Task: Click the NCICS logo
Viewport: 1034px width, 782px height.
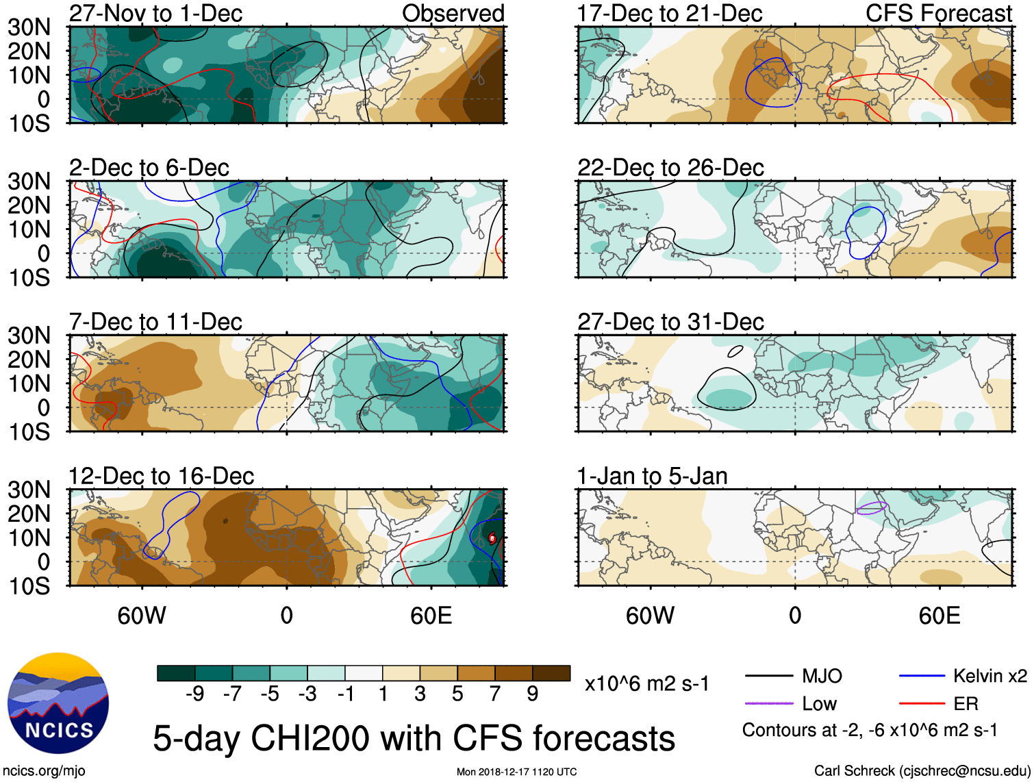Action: click(x=58, y=703)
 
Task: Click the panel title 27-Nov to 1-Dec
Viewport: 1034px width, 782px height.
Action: click(x=155, y=14)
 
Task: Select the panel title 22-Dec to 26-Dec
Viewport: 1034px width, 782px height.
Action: click(x=670, y=168)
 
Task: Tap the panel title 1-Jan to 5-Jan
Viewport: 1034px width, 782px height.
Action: click(x=652, y=476)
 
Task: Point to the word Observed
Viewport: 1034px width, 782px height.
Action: click(x=453, y=14)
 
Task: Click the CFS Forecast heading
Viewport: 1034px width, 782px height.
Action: click(x=938, y=14)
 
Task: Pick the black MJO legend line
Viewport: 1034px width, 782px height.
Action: click(x=768, y=677)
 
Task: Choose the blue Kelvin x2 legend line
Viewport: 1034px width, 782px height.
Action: click(x=922, y=677)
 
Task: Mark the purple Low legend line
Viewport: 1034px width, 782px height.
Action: click(x=768, y=703)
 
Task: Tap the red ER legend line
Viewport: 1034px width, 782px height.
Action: click(x=922, y=703)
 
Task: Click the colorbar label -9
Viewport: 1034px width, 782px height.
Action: click(x=195, y=694)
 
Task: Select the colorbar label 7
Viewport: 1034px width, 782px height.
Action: click(x=495, y=694)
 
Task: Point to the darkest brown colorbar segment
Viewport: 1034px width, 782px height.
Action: click(x=551, y=673)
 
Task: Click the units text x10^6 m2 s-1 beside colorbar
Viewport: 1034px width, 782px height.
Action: click(x=646, y=683)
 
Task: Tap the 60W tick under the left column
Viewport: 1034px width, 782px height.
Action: click(x=142, y=616)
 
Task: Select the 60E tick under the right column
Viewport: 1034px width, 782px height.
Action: click(x=939, y=616)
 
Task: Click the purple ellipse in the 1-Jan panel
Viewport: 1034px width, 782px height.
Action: click(x=872, y=508)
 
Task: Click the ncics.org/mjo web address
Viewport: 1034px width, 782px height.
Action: click(x=44, y=771)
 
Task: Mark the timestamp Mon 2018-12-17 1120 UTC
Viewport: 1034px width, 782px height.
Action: click(x=516, y=772)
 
